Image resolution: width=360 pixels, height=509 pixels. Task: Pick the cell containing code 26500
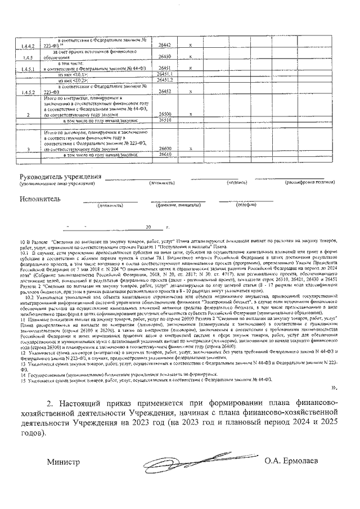[165, 114]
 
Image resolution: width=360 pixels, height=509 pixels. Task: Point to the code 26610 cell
[165, 154]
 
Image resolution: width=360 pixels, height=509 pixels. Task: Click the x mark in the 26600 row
[191, 148]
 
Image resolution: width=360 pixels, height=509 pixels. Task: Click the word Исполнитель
[39, 199]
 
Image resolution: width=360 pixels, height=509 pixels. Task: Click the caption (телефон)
[246, 205]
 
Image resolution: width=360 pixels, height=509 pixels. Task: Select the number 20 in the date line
[148, 228]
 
